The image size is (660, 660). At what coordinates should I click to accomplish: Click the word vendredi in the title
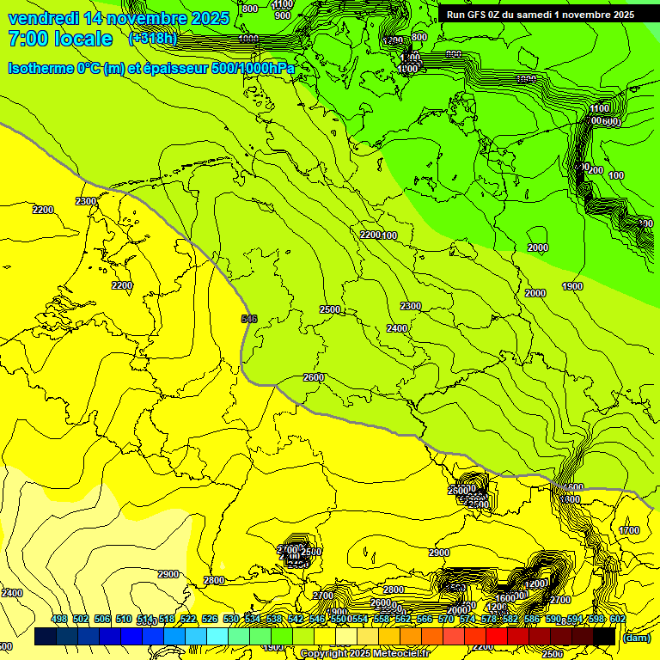[44, 18]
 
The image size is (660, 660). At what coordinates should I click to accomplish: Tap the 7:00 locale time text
[60, 39]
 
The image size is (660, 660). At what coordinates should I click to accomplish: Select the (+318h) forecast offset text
[153, 39]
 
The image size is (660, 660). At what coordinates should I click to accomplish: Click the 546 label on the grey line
[249, 319]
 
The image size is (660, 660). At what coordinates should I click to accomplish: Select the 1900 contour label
[572, 286]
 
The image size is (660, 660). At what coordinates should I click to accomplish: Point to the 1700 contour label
[629, 530]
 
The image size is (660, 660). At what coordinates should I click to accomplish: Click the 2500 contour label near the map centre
[330, 309]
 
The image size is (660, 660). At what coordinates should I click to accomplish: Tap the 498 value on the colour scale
[59, 619]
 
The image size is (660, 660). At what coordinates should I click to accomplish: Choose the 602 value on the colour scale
[618, 619]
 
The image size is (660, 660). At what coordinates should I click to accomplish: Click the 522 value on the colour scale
[188, 619]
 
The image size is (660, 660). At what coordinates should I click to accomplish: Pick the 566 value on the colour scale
[425, 619]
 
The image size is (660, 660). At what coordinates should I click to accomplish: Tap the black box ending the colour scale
[604, 637]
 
